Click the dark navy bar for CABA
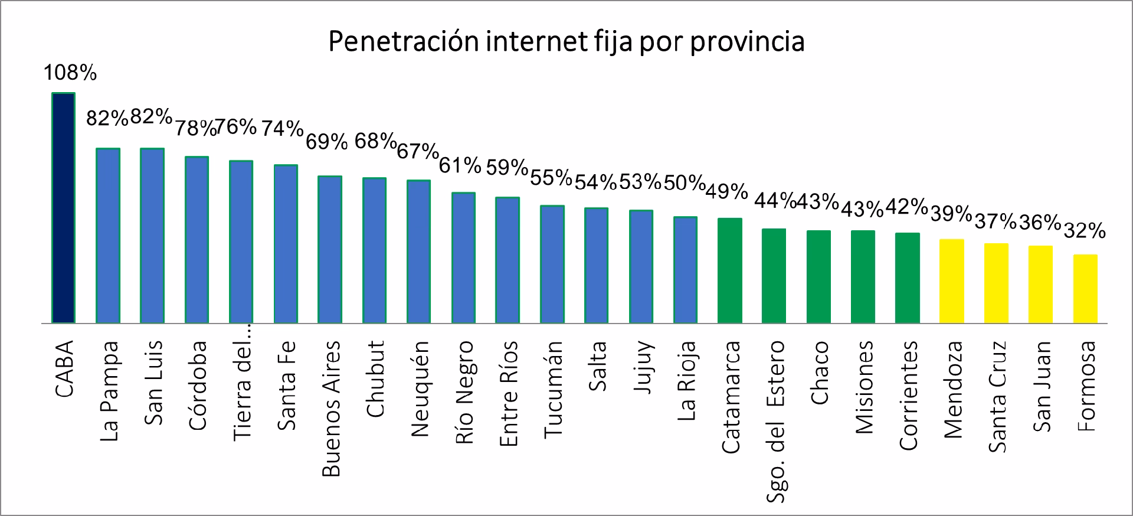(x=64, y=208)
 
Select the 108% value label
(x=70, y=73)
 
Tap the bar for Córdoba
(x=197, y=240)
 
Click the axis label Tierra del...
(x=242, y=390)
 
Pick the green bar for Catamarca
(x=730, y=270)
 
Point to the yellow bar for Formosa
(x=1085, y=289)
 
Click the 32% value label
(x=1084, y=231)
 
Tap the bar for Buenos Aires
(x=330, y=249)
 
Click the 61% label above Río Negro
(x=460, y=166)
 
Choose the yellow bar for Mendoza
(x=952, y=281)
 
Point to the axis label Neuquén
(x=419, y=388)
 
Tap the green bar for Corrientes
(x=908, y=278)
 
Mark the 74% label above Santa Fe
(x=282, y=128)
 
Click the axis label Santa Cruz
(x=997, y=397)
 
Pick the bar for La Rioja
(x=685, y=270)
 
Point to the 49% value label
(x=726, y=191)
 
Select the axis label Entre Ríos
(x=508, y=393)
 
